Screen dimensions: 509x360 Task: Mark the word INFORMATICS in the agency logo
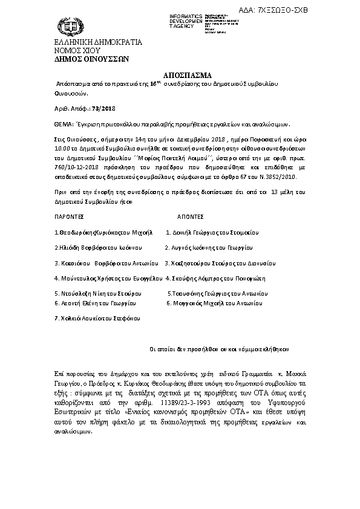pos(188,13)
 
